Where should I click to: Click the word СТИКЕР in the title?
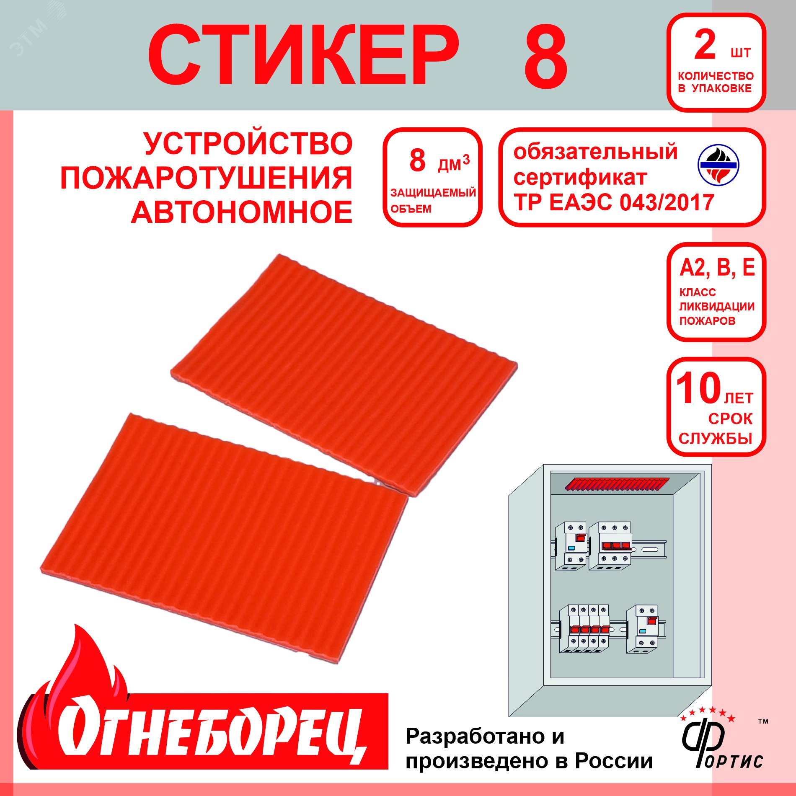(x=303, y=56)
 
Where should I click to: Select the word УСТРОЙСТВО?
(x=248, y=144)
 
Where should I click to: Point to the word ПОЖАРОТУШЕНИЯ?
(x=206, y=178)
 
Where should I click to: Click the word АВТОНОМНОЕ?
(x=242, y=212)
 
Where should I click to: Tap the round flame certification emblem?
(x=718, y=165)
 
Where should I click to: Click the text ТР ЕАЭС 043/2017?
(x=614, y=203)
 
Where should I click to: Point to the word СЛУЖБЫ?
(x=716, y=439)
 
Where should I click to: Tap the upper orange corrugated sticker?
(x=344, y=373)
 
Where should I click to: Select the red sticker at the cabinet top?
(x=617, y=484)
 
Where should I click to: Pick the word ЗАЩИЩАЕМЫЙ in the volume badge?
(x=433, y=193)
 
